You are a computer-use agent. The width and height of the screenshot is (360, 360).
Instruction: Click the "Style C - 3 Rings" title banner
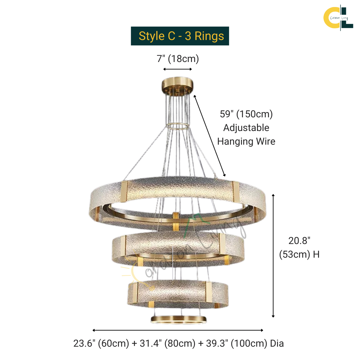pos(180,36)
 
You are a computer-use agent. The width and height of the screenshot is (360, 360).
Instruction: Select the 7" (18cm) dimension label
pos(178,59)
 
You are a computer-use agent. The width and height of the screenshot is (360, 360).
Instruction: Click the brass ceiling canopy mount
pos(177,85)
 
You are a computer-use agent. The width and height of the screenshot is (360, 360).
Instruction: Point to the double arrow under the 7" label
pos(177,69)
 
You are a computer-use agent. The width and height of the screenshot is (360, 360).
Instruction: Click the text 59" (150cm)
pos(246,114)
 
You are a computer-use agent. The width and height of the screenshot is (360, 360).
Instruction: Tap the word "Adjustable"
pos(246,128)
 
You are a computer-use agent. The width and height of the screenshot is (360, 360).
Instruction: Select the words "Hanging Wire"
pos(246,141)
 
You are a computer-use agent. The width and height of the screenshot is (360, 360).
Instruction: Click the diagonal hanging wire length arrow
pos(210,136)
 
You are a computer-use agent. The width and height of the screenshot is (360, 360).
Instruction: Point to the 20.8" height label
pos(299,241)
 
